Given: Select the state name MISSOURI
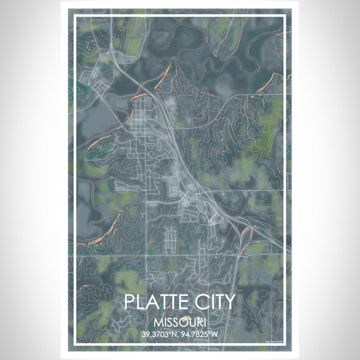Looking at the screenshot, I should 179,322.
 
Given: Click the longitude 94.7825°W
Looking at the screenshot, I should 203,334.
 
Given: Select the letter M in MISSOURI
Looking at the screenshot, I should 158,322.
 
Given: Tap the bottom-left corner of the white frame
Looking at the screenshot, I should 74,346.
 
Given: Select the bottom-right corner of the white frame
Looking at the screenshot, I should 286,346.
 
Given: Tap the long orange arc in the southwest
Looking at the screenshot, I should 102,230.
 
